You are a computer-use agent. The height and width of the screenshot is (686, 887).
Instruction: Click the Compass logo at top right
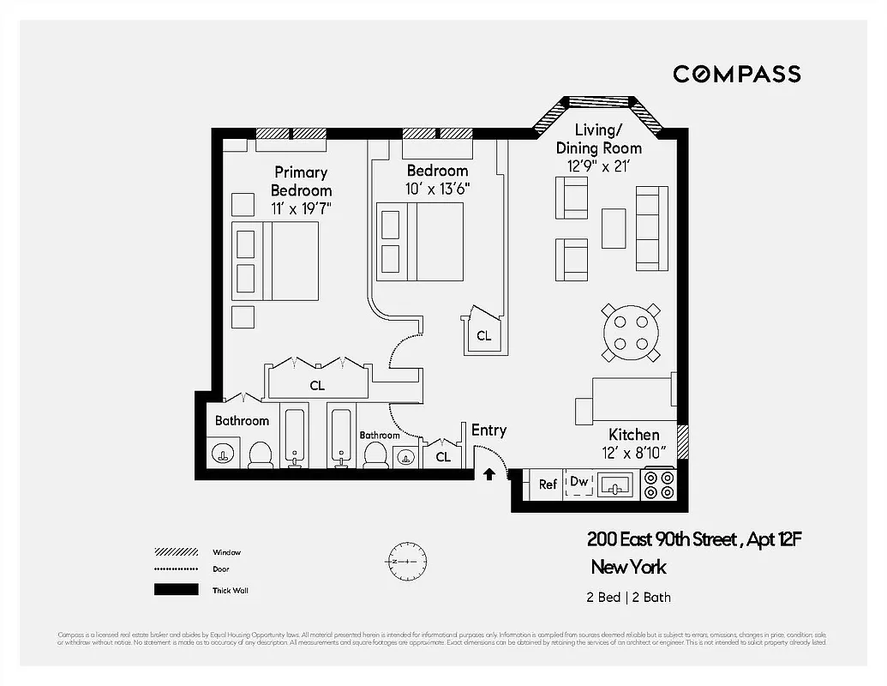tap(736, 74)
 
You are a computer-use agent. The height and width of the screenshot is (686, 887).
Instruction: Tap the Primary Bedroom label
tap(301, 181)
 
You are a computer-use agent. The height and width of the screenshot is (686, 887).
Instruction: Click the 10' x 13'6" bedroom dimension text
tap(437, 188)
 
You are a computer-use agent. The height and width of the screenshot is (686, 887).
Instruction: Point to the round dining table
tap(631, 333)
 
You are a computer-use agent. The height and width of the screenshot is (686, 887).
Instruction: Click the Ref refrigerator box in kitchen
tap(548, 484)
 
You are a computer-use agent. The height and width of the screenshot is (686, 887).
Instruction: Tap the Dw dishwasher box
tap(579, 483)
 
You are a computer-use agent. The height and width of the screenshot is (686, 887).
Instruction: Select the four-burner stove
tap(659, 485)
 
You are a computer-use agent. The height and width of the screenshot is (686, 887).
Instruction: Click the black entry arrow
tap(488, 472)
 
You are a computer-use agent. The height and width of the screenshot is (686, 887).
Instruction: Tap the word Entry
tap(488, 430)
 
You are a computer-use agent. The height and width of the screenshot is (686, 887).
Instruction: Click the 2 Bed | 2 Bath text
tap(622, 598)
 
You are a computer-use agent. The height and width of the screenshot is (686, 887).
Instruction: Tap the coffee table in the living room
tap(614, 228)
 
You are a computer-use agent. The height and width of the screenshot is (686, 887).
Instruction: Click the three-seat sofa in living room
tap(651, 228)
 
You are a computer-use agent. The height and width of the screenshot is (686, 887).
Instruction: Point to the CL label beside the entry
tap(442, 457)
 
